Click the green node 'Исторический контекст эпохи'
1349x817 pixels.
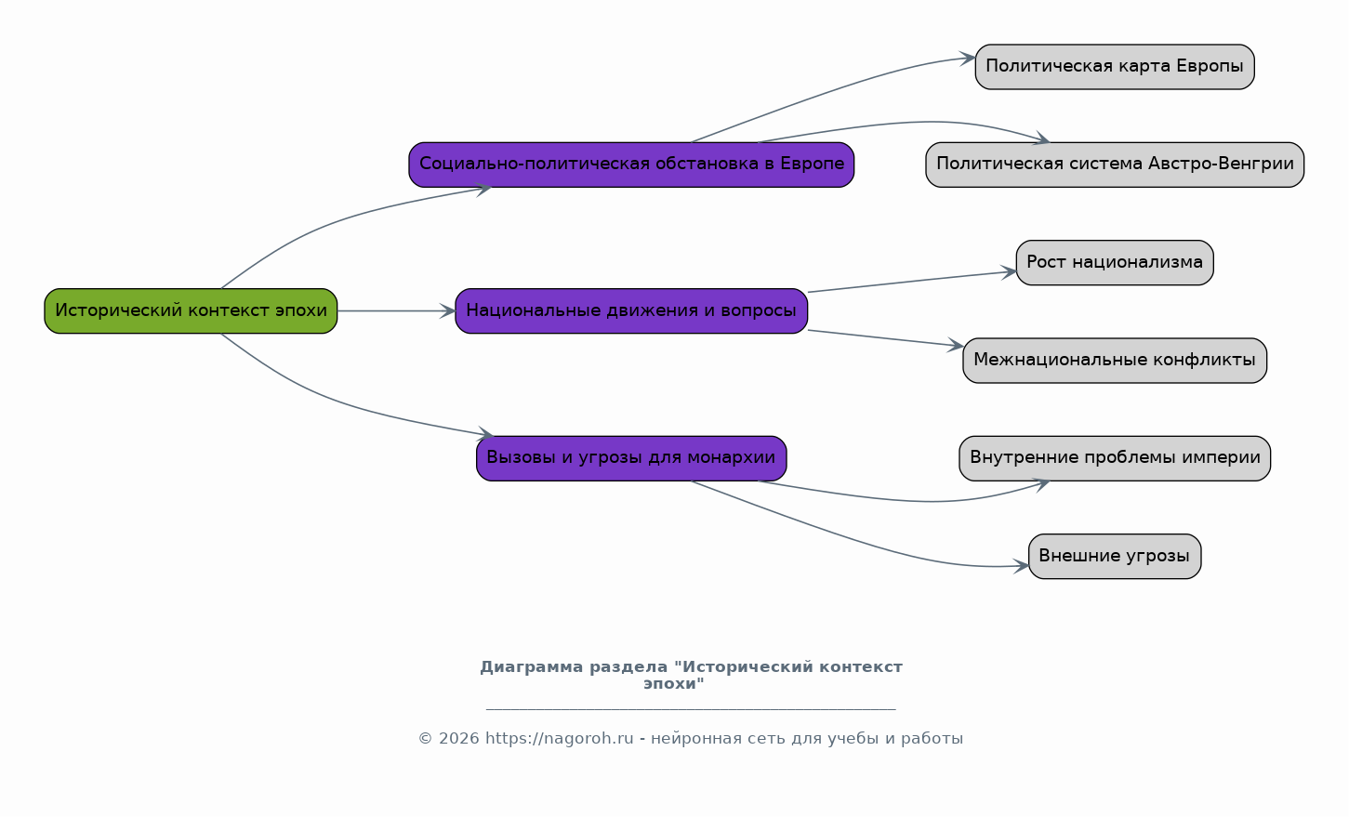coord(191,310)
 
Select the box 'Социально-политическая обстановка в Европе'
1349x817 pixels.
coord(631,165)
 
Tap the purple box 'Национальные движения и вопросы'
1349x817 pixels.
coord(631,310)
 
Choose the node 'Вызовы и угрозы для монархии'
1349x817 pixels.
coord(631,458)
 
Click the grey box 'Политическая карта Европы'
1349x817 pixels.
coord(1115,66)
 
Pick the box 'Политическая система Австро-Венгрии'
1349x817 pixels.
coord(1115,165)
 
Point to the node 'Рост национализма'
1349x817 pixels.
coord(1115,262)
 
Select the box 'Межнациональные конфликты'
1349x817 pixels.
coord(1115,360)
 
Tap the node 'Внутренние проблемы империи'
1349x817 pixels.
coord(1115,458)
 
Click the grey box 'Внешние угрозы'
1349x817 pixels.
coord(1115,557)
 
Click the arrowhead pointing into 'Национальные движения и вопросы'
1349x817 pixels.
coord(448,310)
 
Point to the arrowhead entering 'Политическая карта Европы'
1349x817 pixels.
coord(968,59)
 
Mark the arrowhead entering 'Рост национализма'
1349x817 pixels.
coord(1009,272)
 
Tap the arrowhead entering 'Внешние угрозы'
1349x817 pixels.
coord(1022,566)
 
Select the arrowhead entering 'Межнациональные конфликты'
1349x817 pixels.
coord(956,346)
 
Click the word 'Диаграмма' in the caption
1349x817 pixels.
coord(531,667)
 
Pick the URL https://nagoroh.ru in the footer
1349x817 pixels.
coord(560,739)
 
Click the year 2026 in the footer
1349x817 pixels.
coord(459,739)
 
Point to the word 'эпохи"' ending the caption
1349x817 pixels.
coord(674,684)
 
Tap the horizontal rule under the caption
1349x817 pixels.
coord(692,710)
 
